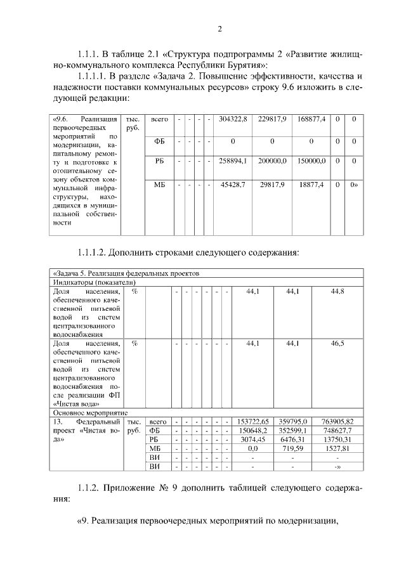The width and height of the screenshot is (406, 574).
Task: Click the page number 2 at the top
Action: pyautogui.click(x=219, y=29)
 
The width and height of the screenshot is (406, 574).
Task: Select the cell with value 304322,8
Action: pyautogui.click(x=233, y=119)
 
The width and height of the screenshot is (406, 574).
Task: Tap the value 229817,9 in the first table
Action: pyautogui.click(x=272, y=119)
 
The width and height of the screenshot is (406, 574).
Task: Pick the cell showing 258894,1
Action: pyautogui.click(x=233, y=162)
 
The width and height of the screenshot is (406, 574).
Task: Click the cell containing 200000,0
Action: pyautogui.click(x=272, y=162)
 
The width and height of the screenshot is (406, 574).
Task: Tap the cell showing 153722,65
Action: pyautogui.click(x=253, y=421)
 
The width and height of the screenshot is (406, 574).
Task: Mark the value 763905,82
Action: pyautogui.click(x=337, y=421)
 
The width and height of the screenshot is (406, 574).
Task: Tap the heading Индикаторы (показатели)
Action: pyautogui.click(x=95, y=282)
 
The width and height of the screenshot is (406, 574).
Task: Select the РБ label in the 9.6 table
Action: pyautogui.click(x=159, y=162)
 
